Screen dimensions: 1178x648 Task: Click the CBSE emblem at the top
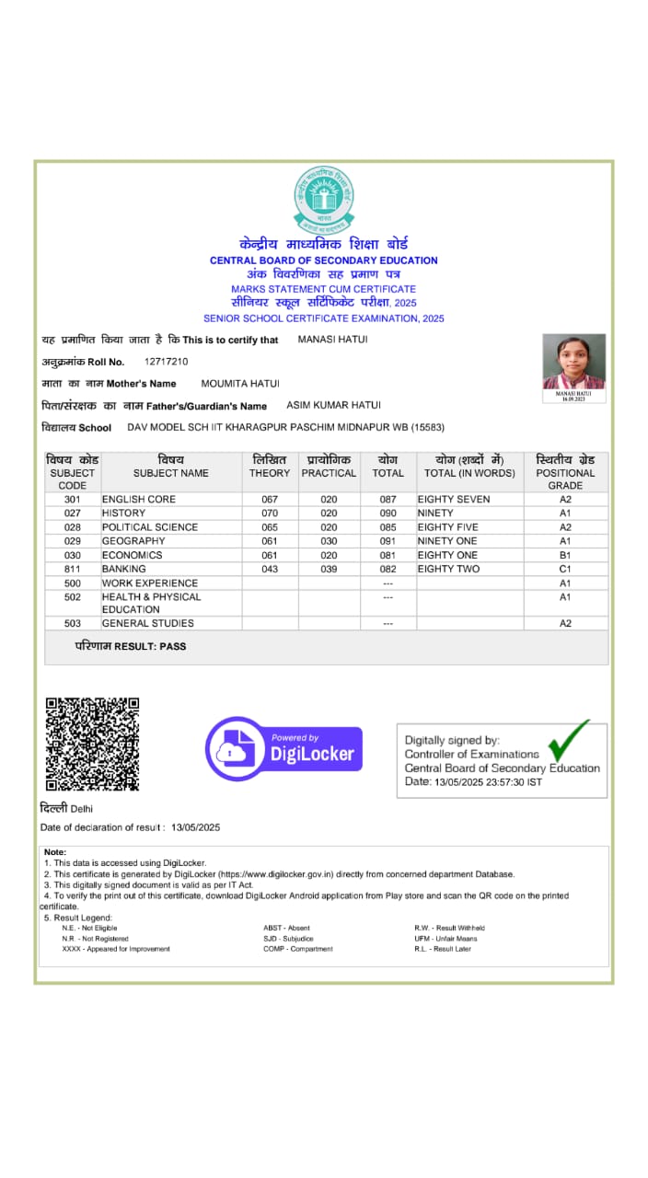tap(324, 198)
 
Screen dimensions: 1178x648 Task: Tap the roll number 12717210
tap(167, 362)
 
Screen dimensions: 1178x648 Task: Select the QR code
tap(92, 744)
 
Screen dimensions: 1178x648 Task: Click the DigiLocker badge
tap(283, 748)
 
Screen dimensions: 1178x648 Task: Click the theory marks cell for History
tap(270, 513)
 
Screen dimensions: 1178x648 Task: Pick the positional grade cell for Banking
tap(565, 569)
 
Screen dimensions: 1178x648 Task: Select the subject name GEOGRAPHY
tap(133, 541)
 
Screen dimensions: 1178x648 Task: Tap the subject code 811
tap(73, 569)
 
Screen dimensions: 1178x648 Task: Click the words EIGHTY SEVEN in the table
tap(454, 499)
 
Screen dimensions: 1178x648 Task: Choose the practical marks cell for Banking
tap(329, 569)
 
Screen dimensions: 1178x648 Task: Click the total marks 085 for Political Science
tap(388, 527)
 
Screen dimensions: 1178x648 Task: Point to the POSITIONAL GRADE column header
tap(565, 472)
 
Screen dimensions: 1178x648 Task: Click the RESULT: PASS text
tap(131, 646)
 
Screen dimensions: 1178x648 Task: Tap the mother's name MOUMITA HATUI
tap(240, 383)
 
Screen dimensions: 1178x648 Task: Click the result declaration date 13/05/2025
tap(196, 827)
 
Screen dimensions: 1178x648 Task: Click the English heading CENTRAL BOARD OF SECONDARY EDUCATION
tap(324, 260)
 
